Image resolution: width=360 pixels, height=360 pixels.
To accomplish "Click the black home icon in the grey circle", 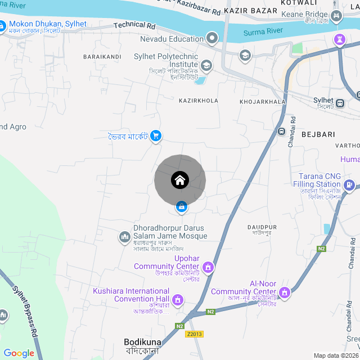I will pos(180,181).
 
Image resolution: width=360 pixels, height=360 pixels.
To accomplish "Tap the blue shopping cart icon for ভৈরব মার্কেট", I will pos(156,136).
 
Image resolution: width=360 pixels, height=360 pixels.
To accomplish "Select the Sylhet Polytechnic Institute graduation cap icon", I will pos(206,66).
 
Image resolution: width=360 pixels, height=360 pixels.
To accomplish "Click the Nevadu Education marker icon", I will pos(212,39).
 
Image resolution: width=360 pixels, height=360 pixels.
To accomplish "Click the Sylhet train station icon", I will pos(340,103).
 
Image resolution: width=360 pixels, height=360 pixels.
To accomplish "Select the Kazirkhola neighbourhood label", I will pos(198,101).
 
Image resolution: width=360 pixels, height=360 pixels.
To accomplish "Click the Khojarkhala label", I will pos(262,102).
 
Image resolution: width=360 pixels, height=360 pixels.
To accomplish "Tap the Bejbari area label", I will pos(318,134).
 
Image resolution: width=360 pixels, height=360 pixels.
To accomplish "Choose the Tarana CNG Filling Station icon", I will pos(349,184).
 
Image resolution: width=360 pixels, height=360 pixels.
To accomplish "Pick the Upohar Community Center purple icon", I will pos(209,267).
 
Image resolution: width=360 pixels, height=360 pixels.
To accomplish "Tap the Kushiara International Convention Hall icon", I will pos(178,299).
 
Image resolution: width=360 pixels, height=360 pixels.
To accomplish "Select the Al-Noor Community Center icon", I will pos(285,292).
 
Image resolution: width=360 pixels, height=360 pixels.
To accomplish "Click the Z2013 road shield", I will pos(195,334).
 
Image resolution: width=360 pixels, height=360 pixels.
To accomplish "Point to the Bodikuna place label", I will pos(142,341).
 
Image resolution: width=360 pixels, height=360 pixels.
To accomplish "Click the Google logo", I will pos(19,353).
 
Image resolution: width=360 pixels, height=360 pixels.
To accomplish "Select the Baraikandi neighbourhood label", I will pos(102,57).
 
